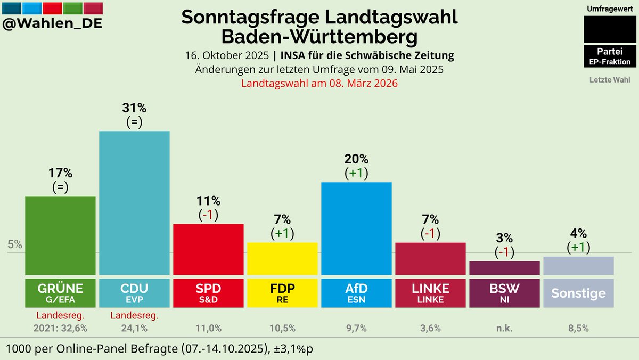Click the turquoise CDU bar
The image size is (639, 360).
point(134,202)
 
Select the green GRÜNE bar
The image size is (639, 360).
point(60,235)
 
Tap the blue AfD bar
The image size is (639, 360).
point(356,228)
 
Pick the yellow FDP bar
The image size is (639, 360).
point(282,258)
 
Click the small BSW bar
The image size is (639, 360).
point(504,268)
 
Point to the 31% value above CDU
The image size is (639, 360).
point(134,108)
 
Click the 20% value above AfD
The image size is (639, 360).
point(356,159)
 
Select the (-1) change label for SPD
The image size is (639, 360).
point(208,215)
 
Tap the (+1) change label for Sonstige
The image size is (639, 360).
point(578,247)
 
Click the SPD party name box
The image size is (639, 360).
point(208,293)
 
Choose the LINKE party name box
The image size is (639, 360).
point(430,293)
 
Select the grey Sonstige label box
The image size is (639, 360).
point(578,293)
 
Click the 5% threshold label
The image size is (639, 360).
point(15,244)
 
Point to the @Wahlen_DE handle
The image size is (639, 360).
point(53,24)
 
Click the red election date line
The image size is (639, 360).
point(319,84)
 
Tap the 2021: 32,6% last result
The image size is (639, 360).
point(60,328)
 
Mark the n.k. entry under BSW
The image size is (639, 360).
point(504,328)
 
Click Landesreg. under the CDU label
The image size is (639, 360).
point(134,316)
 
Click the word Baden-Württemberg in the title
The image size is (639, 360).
point(319,37)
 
